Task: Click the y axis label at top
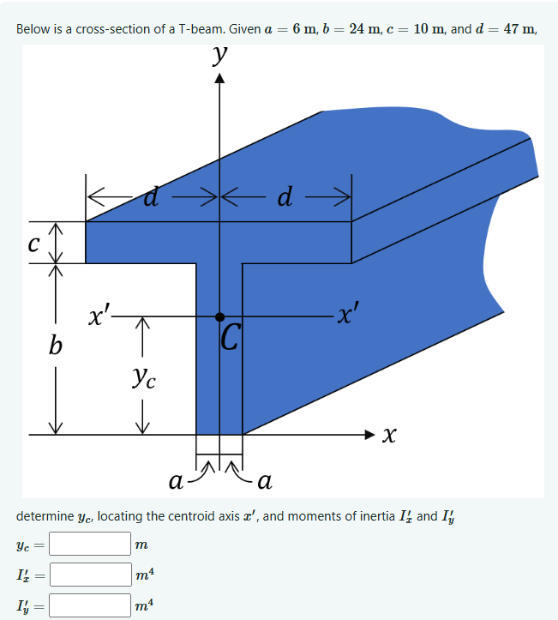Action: pos(221,57)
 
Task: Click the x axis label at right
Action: pos(389,436)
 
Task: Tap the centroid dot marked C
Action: pos(220,316)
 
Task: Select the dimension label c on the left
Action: pos(33,242)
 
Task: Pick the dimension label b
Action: pos(56,346)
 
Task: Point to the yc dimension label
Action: pos(144,376)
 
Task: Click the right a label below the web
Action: pos(264,482)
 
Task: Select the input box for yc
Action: pos(89,544)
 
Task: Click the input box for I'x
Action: pos(89,574)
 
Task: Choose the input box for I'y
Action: pos(89,605)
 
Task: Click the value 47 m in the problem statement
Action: pos(516,28)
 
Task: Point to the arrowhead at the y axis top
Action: pos(221,81)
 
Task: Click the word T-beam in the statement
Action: pos(202,29)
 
